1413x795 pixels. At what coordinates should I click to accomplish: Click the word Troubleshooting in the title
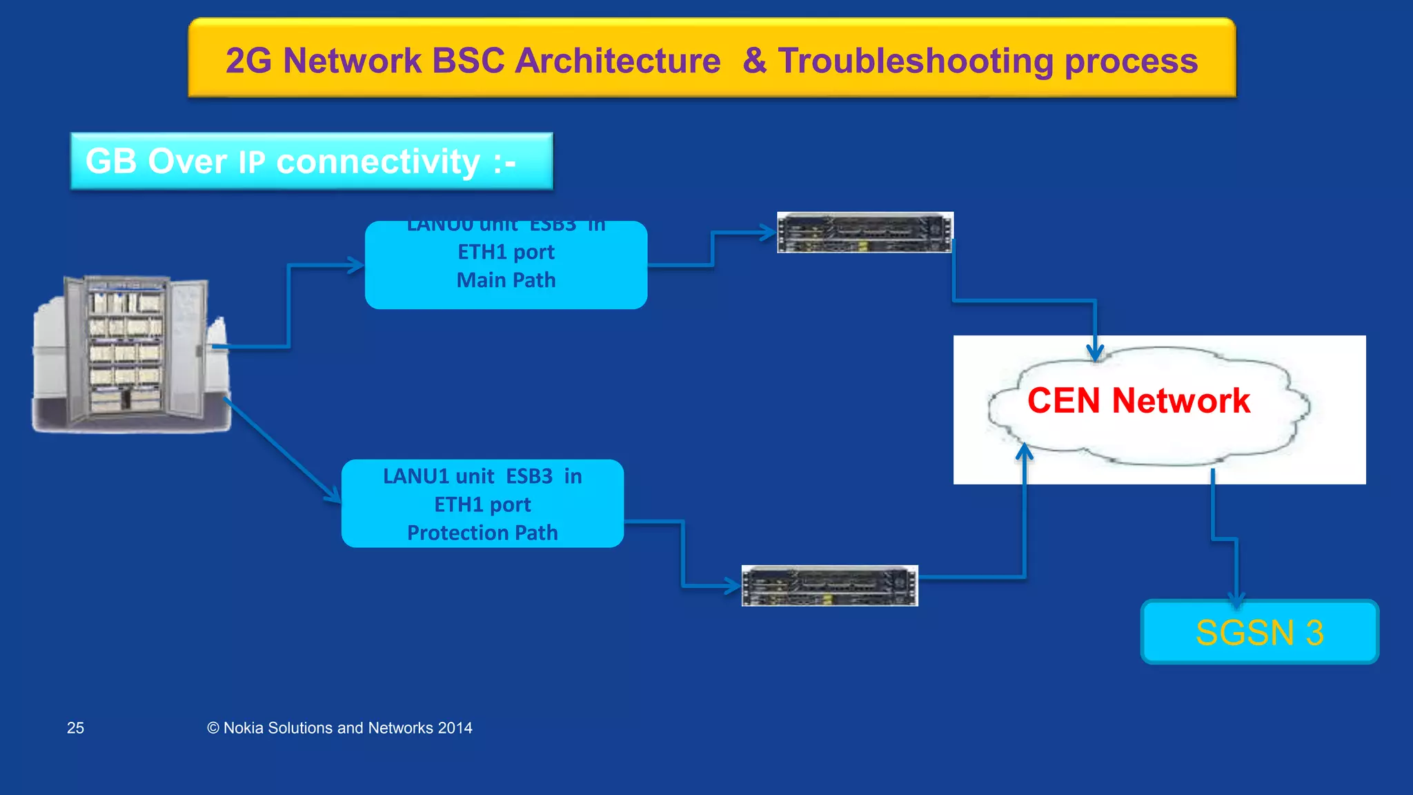pos(916,61)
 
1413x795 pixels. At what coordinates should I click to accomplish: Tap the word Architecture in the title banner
pos(617,61)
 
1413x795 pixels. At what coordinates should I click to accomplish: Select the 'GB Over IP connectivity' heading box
pos(311,161)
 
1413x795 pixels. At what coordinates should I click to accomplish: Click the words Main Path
pos(506,280)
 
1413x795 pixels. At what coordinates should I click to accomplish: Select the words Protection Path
pos(482,533)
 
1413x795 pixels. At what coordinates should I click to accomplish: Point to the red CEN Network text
pos(1138,401)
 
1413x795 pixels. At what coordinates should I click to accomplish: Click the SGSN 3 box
pos(1259,632)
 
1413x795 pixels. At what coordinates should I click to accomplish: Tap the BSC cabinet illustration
pos(131,353)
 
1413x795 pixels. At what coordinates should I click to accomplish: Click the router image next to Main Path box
pos(864,233)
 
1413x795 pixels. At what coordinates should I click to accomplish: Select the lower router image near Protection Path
pos(829,586)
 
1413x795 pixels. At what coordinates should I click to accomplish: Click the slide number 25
pos(75,728)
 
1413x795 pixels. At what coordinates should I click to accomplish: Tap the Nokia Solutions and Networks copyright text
pos(339,728)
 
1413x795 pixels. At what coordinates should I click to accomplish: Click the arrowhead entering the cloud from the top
pos(1095,352)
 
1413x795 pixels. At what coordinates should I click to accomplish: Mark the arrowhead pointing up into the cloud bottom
pos(1025,452)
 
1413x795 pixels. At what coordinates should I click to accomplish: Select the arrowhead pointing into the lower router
pos(733,587)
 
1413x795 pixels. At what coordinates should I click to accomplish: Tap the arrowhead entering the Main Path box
pos(356,265)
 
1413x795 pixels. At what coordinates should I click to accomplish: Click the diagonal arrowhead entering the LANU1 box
pos(333,495)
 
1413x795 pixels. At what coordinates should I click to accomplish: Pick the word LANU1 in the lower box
pos(416,476)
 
